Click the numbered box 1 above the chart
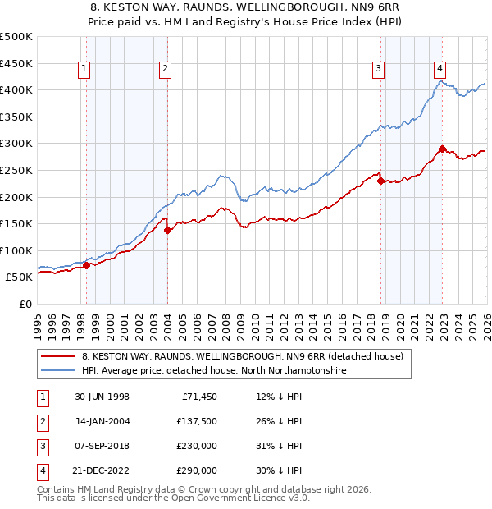pyautogui.click(x=84, y=70)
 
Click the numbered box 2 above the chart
pyautogui.click(x=165, y=70)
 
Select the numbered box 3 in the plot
pyautogui.click(x=378, y=70)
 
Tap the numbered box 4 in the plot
pyautogui.click(x=440, y=70)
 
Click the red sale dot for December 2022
pyautogui.click(x=442, y=149)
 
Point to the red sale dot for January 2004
pyautogui.click(x=167, y=231)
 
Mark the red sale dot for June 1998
pyautogui.click(x=87, y=265)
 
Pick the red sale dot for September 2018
pyautogui.click(x=380, y=181)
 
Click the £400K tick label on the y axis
pyautogui.click(x=16, y=89)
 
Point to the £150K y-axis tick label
pyautogui.click(x=16, y=223)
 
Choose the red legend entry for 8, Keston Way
pyautogui.click(x=242, y=357)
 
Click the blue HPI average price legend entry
pyautogui.click(x=213, y=371)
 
